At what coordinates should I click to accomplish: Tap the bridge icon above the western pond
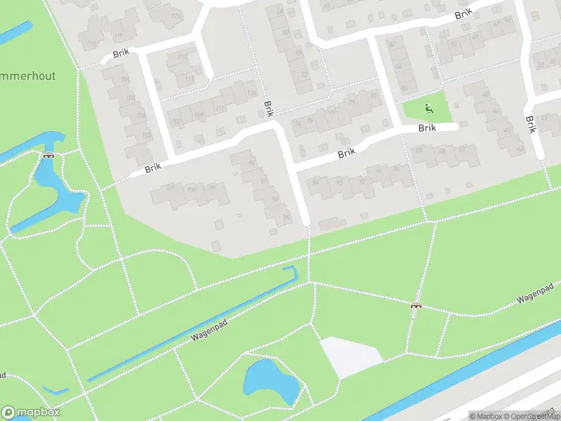(48, 156)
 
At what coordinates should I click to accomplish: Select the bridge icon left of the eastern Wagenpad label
(416, 305)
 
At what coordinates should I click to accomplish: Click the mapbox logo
(31, 413)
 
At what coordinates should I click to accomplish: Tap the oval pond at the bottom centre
(271, 382)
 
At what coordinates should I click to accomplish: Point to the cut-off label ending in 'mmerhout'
(28, 75)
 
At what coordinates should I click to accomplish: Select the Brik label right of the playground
(427, 128)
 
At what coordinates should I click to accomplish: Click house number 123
(175, 15)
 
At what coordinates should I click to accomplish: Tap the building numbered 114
(251, 93)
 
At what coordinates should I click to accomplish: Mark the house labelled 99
(212, 187)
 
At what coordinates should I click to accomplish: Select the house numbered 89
(419, 149)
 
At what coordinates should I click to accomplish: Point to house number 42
(520, 149)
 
